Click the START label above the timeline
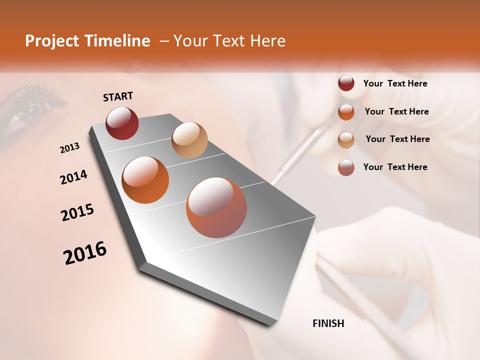click(x=118, y=96)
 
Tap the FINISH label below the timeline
click(x=328, y=323)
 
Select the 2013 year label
click(x=70, y=147)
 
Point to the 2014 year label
click(x=73, y=177)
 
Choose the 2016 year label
click(x=85, y=253)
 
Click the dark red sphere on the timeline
click(x=122, y=123)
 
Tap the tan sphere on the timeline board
click(x=189, y=139)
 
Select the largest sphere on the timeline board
click(x=216, y=207)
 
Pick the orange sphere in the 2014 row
click(x=145, y=179)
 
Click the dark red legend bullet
click(x=346, y=83)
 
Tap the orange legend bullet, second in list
click(x=346, y=111)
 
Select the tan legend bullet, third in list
click(x=346, y=139)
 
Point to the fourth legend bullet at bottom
click(x=346, y=167)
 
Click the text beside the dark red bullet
click(x=395, y=83)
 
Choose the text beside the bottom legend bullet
click(x=395, y=167)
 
